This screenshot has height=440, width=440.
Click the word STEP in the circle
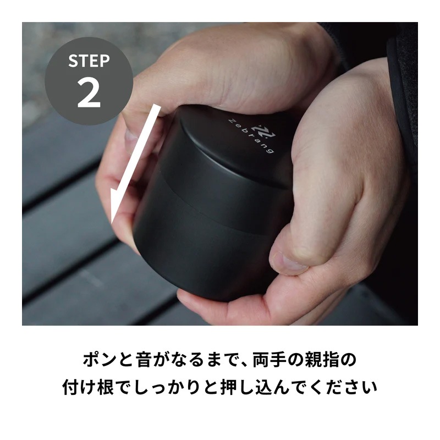click(x=89, y=61)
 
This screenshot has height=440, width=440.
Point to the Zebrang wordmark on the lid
click(x=251, y=135)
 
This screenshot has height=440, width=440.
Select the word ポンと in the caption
click(x=107, y=360)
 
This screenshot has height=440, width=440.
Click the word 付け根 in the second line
click(x=88, y=387)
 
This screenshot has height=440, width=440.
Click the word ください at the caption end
click(x=344, y=387)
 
